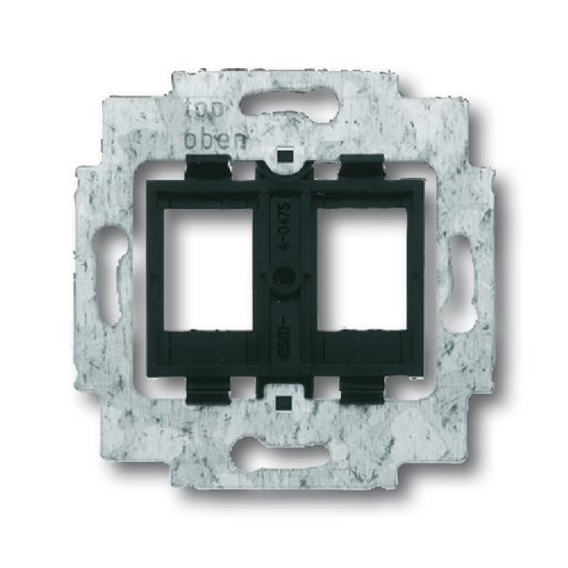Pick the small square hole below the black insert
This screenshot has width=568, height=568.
[x=284, y=403]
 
